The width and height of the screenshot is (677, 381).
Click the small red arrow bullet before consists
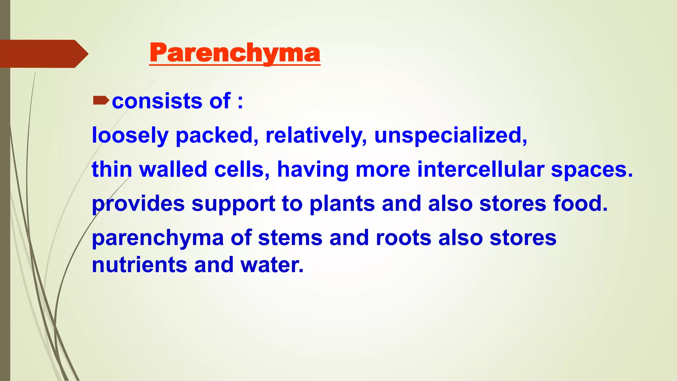(x=101, y=100)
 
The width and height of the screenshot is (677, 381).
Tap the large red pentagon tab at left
(x=43, y=54)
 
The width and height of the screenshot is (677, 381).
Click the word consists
(x=157, y=101)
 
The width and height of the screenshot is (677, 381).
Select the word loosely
(x=130, y=135)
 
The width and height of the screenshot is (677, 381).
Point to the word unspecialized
(x=450, y=135)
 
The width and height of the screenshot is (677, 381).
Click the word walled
(x=173, y=169)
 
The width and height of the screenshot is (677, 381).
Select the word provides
(x=138, y=204)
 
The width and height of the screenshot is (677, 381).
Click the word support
(x=233, y=204)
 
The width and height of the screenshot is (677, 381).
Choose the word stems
(x=290, y=238)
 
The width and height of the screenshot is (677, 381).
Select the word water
(x=272, y=265)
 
